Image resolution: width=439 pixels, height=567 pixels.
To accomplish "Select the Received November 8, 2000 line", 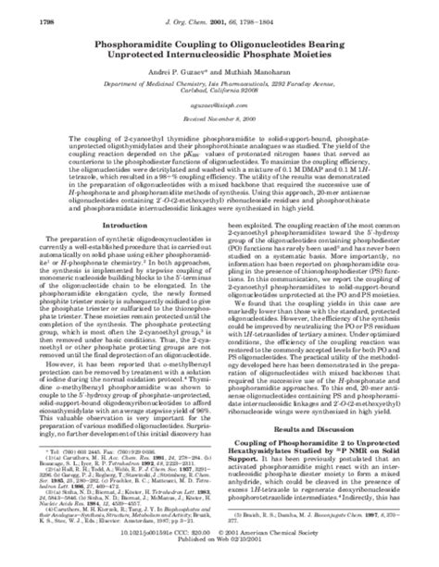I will click(x=219, y=125).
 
